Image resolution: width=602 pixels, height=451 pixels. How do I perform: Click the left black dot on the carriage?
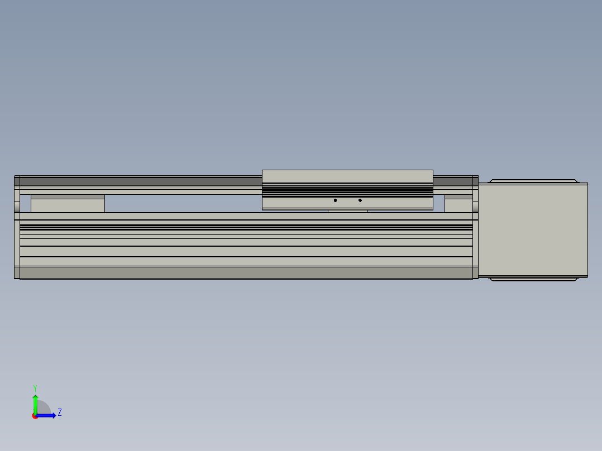coord(335,200)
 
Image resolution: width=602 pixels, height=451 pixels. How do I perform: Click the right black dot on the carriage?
coord(360,200)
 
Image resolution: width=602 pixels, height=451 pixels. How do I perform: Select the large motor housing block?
coord(533,230)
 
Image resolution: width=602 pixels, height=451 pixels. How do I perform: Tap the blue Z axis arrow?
coord(47,415)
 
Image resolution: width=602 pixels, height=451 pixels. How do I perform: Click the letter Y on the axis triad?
coord(35,387)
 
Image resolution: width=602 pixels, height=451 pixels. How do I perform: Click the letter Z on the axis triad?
coord(60,413)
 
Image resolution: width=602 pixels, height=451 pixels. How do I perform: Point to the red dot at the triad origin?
coord(35,416)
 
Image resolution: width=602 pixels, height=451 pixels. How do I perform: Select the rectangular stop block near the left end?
coord(68,205)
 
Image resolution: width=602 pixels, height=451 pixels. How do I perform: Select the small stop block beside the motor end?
coord(458,205)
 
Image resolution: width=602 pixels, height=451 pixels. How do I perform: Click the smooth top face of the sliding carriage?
coord(347,176)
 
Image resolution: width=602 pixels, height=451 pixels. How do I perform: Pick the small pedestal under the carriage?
coord(347,211)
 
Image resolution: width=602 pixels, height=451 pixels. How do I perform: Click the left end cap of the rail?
coord(17,228)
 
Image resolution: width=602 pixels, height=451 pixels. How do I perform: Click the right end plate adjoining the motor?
coord(475,228)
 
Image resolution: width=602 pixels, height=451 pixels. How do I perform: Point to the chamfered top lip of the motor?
coord(533,181)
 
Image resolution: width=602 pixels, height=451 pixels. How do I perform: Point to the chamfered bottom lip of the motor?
coord(533,279)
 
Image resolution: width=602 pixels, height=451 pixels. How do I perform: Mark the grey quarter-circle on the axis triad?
coord(44,409)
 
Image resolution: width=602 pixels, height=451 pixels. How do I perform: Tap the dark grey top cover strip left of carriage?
coord(140,181)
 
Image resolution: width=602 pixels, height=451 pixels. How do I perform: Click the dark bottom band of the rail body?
coord(246,272)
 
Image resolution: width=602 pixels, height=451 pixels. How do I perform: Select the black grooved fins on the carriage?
coord(347,190)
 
